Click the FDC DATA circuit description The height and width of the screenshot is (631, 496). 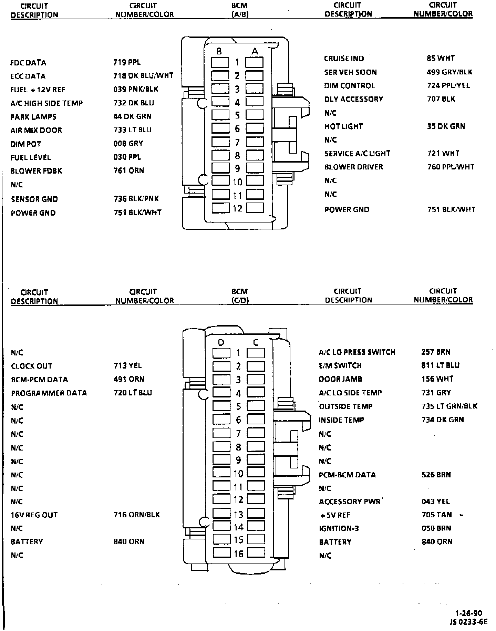[28, 63]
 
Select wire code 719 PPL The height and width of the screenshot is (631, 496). [127, 62]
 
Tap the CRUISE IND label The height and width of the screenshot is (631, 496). [344, 59]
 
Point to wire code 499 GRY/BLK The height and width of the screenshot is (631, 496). [449, 72]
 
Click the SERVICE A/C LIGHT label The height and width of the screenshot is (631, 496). [357, 153]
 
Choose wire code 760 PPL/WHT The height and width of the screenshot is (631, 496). [451, 167]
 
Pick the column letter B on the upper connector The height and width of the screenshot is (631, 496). [219, 52]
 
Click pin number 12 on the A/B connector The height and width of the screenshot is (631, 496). [238, 208]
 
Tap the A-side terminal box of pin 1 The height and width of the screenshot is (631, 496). [255, 62]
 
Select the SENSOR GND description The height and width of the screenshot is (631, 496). [34, 199]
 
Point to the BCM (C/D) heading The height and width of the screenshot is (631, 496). [240, 296]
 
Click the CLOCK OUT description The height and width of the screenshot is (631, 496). [31, 366]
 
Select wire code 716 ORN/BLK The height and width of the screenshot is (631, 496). [136, 515]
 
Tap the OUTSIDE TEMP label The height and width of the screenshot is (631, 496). [345, 406]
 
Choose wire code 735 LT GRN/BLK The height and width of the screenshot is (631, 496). [449, 406]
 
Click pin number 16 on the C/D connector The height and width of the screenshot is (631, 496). [239, 554]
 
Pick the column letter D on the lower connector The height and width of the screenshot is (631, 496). [221, 342]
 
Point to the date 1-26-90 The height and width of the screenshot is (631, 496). [468, 613]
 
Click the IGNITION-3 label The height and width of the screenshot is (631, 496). [339, 528]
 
